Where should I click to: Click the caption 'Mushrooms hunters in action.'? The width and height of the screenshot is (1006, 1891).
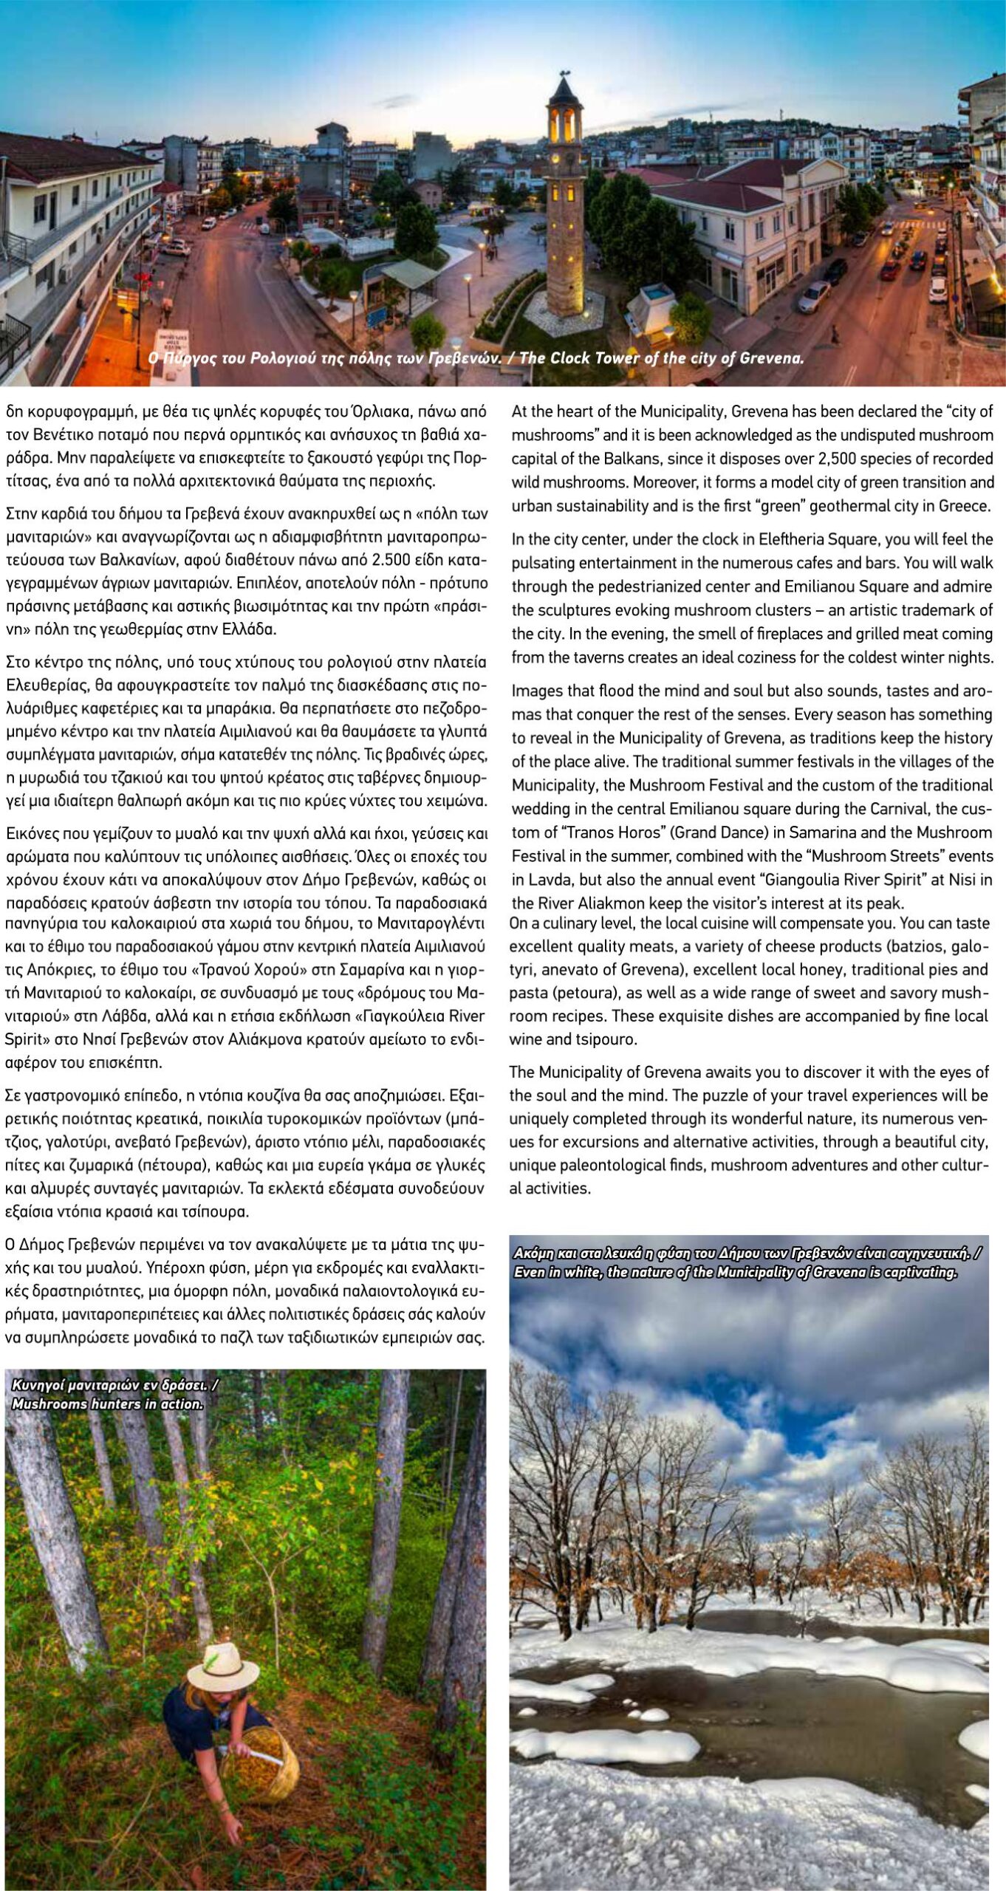[108, 1403]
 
